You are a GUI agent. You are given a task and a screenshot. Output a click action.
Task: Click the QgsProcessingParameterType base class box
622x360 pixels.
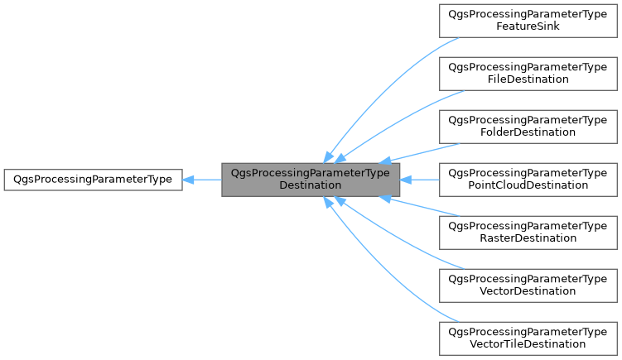click(x=93, y=179)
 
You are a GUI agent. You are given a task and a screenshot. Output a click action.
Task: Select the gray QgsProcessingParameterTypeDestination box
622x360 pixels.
click(x=311, y=179)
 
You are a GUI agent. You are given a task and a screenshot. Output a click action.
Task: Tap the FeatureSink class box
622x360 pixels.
click(x=528, y=21)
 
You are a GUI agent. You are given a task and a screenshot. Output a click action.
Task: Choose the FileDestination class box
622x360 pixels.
click(x=528, y=73)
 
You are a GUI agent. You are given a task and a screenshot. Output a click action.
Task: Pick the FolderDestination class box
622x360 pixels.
click(x=528, y=126)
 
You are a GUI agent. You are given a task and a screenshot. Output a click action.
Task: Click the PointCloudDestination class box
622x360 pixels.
click(x=528, y=179)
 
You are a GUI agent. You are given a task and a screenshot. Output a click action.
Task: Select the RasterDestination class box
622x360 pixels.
click(x=528, y=231)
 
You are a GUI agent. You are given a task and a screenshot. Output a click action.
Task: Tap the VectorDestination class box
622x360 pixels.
click(x=528, y=284)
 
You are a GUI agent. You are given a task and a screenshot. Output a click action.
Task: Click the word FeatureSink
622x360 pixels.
click(x=528, y=26)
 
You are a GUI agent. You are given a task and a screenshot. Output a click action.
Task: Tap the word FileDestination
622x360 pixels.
click(x=528, y=79)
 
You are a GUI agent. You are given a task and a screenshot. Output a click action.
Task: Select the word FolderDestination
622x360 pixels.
click(x=528, y=132)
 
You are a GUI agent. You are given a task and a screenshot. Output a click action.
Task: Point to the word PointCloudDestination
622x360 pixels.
click(x=528, y=185)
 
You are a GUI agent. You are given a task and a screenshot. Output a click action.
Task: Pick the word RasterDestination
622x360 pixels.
click(x=528, y=238)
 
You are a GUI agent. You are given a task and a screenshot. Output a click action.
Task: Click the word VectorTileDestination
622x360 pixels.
click(x=528, y=343)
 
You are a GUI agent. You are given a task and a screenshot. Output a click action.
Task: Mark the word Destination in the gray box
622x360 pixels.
click(x=311, y=185)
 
